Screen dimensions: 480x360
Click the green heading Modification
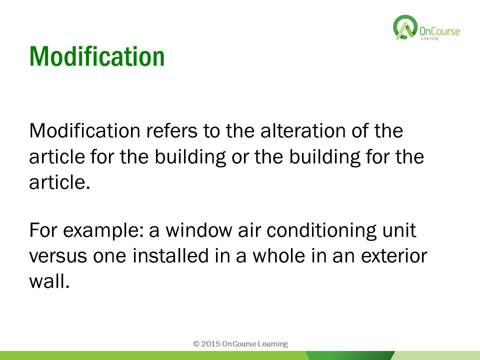(x=97, y=56)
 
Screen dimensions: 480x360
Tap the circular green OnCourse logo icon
(x=405, y=27)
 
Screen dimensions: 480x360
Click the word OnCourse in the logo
(x=439, y=31)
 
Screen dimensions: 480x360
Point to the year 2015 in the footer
(x=211, y=344)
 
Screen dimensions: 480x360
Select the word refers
(x=171, y=130)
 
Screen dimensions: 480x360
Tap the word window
(x=199, y=230)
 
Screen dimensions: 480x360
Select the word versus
(x=58, y=256)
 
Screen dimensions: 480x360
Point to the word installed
(x=170, y=255)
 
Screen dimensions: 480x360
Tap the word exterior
(x=394, y=256)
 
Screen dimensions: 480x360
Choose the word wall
(x=49, y=281)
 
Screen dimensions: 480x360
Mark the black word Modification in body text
(x=85, y=130)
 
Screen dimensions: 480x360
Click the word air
(x=249, y=230)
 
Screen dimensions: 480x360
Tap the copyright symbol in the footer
(x=196, y=344)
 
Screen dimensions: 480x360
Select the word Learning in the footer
(x=272, y=344)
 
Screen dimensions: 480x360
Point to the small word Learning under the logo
(x=429, y=38)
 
